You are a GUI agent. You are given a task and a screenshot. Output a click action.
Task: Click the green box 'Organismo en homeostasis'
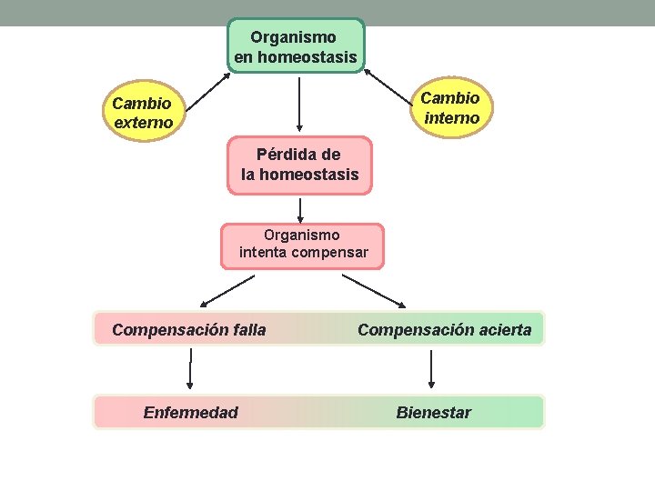click(295, 46)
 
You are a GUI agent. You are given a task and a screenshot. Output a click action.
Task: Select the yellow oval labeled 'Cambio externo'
click(143, 113)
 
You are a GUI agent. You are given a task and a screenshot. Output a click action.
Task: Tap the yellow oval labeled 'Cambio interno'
click(451, 107)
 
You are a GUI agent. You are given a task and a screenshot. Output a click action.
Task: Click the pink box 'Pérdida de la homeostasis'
click(299, 165)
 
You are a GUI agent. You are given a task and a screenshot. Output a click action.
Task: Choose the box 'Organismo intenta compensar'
click(302, 245)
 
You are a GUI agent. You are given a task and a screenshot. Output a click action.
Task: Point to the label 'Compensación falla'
click(189, 329)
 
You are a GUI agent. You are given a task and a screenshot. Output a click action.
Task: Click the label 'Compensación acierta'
click(444, 329)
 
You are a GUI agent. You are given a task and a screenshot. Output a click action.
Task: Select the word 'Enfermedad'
click(191, 413)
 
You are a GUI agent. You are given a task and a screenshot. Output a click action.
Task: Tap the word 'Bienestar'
click(433, 413)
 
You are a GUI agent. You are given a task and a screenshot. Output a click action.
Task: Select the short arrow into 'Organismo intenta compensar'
click(300, 209)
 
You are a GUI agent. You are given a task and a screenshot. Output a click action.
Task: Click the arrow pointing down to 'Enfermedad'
click(190, 368)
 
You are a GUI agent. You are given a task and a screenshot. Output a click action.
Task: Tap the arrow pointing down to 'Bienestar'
click(431, 368)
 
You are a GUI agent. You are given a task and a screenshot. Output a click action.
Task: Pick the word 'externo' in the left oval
click(143, 122)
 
